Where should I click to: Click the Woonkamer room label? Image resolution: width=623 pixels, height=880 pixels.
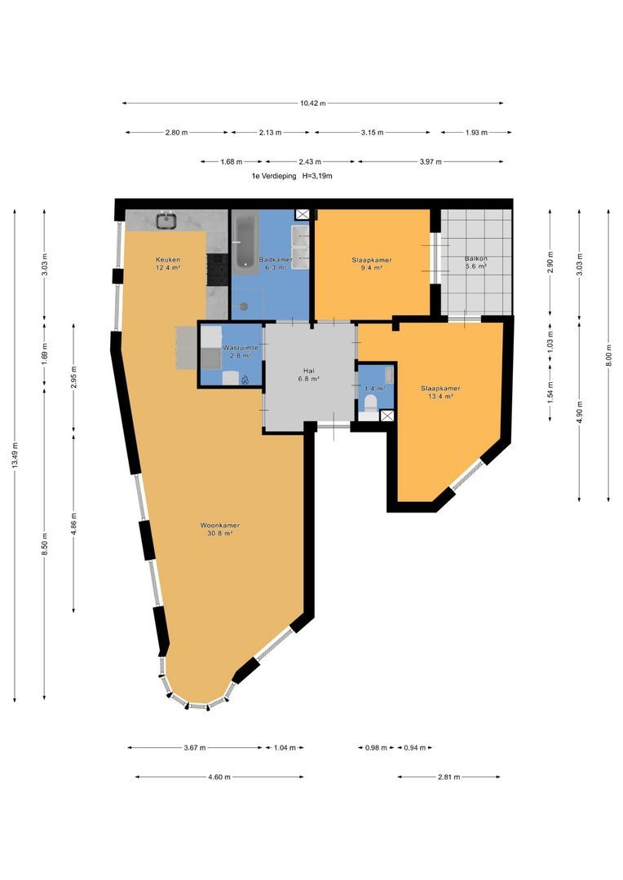[x=219, y=530]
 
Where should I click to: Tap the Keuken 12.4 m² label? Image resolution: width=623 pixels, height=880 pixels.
[x=168, y=263]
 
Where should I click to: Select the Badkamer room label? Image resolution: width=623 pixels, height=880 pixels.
[x=276, y=263]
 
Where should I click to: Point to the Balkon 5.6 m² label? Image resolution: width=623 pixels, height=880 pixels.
[x=476, y=262]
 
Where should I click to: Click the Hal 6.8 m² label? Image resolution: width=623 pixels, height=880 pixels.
[x=308, y=374]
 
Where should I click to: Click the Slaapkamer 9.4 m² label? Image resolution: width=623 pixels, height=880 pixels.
[x=371, y=264]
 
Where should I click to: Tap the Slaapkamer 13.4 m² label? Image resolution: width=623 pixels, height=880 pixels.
[x=440, y=392]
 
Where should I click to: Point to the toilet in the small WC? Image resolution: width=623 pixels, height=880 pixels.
[x=370, y=403]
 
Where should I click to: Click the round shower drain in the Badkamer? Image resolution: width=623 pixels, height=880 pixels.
[x=244, y=306]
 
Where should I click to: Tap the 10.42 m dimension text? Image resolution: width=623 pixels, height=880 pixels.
[x=313, y=103]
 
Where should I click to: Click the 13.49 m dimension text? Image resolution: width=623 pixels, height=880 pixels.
[x=15, y=455]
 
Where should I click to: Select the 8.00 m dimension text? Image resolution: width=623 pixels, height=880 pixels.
[x=608, y=354]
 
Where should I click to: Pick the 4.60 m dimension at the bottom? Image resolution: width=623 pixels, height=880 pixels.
[x=219, y=777]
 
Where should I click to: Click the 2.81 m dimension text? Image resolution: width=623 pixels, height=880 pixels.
[x=448, y=777]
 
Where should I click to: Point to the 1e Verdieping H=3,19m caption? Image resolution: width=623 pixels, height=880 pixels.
[x=292, y=176]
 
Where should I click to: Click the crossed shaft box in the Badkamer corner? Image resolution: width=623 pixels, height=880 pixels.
[x=303, y=214]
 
